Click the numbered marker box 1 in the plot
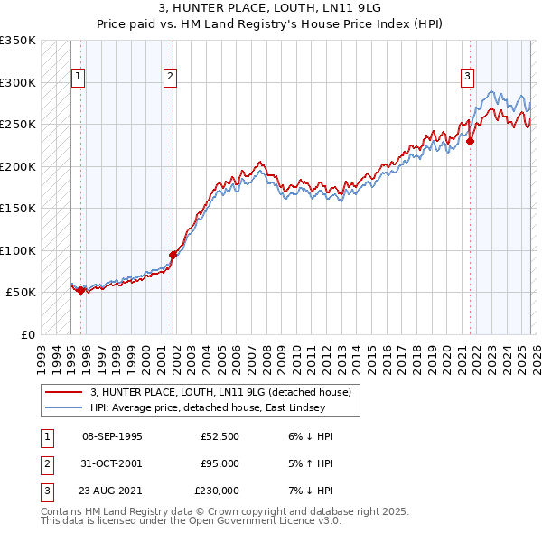point(79,78)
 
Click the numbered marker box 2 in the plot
point(170,78)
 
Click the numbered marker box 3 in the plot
point(467,78)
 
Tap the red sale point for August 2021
point(471,141)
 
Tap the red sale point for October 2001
point(173,255)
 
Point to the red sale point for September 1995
point(81,290)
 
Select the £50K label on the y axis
point(20,293)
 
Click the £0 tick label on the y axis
point(27,334)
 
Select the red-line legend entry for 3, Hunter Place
point(226,392)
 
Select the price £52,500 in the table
point(220,436)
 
